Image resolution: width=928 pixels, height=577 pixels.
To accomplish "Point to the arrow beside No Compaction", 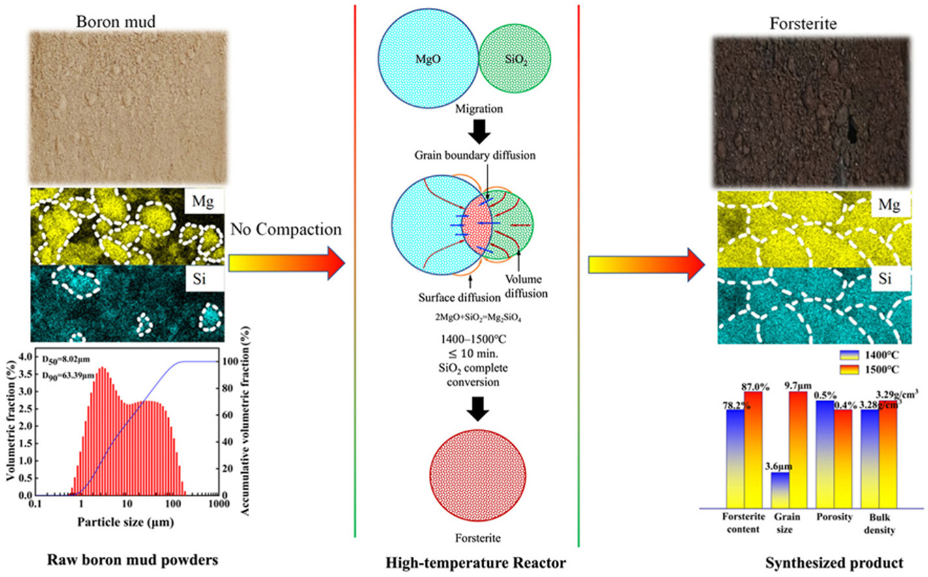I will point(286,263).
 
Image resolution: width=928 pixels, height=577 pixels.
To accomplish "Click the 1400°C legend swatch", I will point(850,355).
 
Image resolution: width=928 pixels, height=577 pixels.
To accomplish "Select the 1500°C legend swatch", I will point(850,369).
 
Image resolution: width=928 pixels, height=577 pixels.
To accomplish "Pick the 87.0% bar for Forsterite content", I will point(753,449).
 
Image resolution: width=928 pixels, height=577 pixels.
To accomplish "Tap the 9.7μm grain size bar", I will point(798,449).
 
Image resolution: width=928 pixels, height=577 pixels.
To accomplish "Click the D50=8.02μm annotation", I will point(66,359).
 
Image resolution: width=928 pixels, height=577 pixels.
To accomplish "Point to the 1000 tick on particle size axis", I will point(219,504).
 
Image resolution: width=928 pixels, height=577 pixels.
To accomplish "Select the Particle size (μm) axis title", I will point(126,522).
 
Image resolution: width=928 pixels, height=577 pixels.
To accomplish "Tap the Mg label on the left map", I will point(203,201).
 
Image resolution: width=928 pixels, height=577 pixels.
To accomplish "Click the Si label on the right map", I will point(885,279).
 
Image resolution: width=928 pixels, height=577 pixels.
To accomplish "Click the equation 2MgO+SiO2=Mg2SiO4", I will point(478,317).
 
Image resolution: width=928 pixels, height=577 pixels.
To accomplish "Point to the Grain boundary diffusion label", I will point(475,155).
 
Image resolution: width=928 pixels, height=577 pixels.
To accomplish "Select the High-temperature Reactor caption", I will point(476,563).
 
